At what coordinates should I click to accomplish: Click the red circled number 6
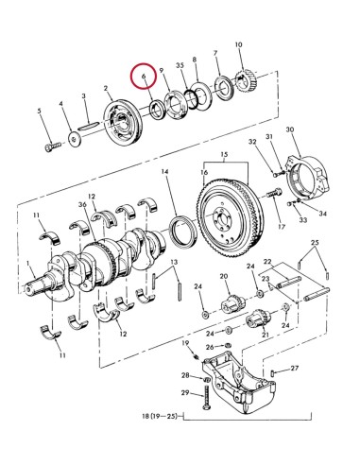point(144,74)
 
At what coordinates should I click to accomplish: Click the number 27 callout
point(295,369)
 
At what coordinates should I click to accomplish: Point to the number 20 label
point(225,277)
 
